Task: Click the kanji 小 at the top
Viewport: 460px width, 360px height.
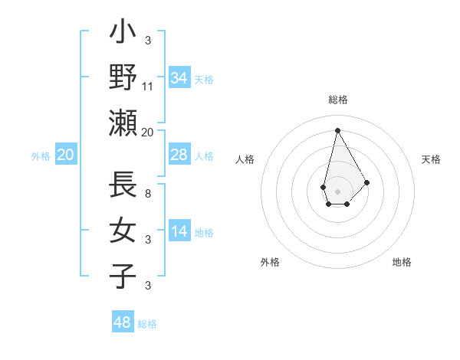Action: (x=123, y=33)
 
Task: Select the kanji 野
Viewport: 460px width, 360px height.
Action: (x=123, y=77)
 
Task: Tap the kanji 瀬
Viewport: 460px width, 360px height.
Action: (x=123, y=123)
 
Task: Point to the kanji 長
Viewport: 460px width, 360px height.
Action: (x=123, y=186)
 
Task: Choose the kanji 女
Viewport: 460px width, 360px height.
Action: (x=123, y=231)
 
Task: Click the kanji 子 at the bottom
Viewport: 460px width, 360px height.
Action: (x=123, y=276)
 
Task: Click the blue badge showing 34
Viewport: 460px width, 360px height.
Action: (x=179, y=78)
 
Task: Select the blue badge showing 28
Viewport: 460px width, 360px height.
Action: (x=179, y=155)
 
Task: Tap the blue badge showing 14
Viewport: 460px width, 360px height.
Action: (x=179, y=232)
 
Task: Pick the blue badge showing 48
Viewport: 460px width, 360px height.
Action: (x=123, y=322)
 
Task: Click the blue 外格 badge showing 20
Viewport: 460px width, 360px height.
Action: (x=65, y=155)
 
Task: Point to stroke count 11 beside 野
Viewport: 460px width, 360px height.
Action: (x=148, y=87)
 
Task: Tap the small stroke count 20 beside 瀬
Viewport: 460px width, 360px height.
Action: (x=148, y=132)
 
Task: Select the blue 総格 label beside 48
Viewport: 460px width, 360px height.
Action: (x=147, y=324)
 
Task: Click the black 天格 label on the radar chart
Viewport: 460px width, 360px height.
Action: (x=432, y=159)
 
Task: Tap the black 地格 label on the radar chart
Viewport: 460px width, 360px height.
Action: (x=402, y=263)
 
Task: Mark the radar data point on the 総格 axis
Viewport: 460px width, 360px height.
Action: (x=337, y=130)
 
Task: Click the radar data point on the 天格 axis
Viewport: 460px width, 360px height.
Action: (x=366, y=182)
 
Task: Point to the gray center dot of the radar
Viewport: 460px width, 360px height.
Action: (x=337, y=191)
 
